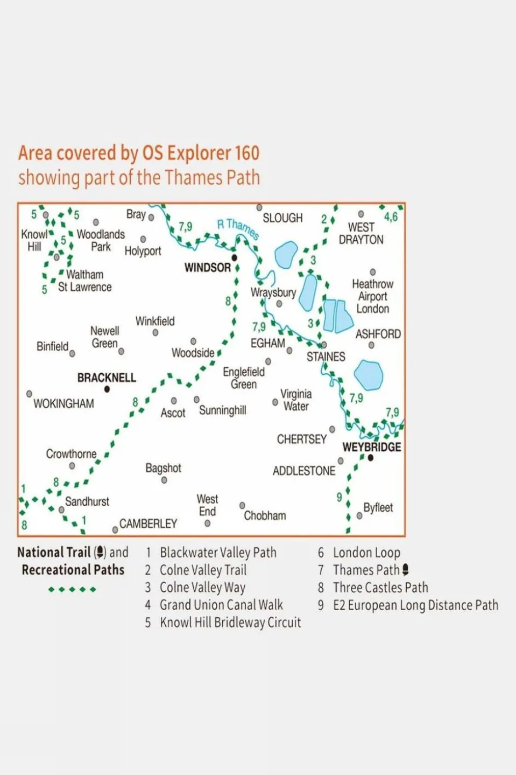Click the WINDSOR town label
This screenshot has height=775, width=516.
pyautogui.click(x=207, y=267)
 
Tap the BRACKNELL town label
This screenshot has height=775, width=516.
pyautogui.click(x=107, y=378)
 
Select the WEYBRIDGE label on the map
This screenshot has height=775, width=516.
pyautogui.click(x=371, y=447)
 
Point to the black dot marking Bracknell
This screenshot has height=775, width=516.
pyautogui.click(x=107, y=389)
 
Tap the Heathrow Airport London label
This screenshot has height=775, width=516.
pyautogui.click(x=372, y=296)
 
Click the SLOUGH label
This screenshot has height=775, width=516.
pyautogui.click(x=282, y=218)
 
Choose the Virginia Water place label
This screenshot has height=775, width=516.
pyautogui.click(x=295, y=400)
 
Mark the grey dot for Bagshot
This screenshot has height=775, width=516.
pyautogui.click(x=164, y=480)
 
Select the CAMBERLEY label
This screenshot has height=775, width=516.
pyautogui.click(x=148, y=523)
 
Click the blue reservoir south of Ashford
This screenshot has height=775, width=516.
pyautogui.click(x=369, y=375)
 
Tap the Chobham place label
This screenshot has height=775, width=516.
pyautogui.click(x=265, y=515)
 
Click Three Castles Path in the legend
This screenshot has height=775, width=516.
pyautogui.click(x=380, y=588)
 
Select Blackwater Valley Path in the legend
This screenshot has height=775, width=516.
pyautogui.click(x=218, y=553)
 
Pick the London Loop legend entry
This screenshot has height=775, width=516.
pyautogui.click(x=366, y=553)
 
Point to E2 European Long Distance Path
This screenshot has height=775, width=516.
pyautogui.click(x=415, y=605)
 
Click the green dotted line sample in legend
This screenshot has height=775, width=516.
pyautogui.click(x=72, y=589)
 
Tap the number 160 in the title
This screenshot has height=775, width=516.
pyautogui.click(x=247, y=153)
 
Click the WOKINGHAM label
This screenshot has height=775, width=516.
pyautogui.click(x=63, y=403)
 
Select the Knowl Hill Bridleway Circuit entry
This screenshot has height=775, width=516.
pyautogui.click(x=230, y=623)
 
